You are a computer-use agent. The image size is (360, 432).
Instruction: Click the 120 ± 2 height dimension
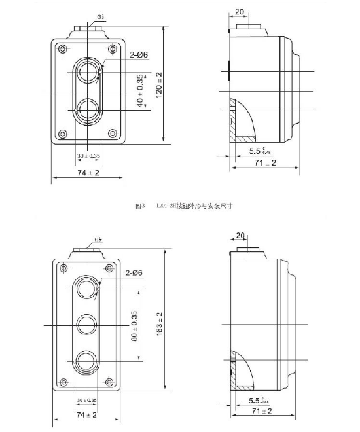(x=159, y=84)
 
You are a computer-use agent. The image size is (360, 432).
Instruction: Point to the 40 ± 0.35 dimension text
(x=139, y=92)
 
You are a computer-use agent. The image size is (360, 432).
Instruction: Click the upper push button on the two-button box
(x=87, y=69)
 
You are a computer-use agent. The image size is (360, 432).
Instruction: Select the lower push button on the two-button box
(x=87, y=109)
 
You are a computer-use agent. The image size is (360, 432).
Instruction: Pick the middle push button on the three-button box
(x=86, y=323)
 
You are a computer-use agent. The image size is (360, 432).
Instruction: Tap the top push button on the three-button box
(x=86, y=288)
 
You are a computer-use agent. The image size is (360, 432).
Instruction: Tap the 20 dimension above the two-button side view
(x=240, y=12)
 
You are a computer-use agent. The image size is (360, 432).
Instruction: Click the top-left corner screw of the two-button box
(x=62, y=49)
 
